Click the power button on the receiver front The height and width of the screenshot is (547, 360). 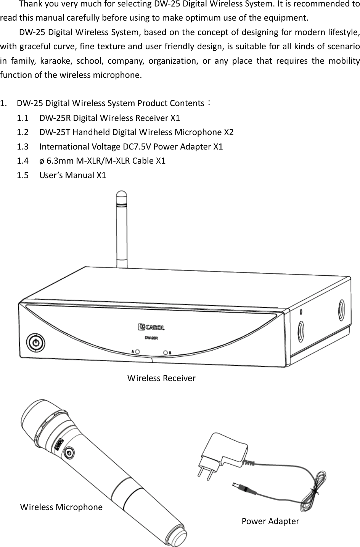[x=35, y=342]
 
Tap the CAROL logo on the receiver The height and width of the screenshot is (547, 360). [x=151, y=327]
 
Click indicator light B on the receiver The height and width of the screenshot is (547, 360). [x=166, y=352]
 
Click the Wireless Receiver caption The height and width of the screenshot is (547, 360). [x=161, y=378]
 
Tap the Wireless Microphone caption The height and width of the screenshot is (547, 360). [x=61, y=507]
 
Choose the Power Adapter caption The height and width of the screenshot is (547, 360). [x=270, y=521]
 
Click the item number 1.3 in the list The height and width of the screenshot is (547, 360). [x=22, y=147]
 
